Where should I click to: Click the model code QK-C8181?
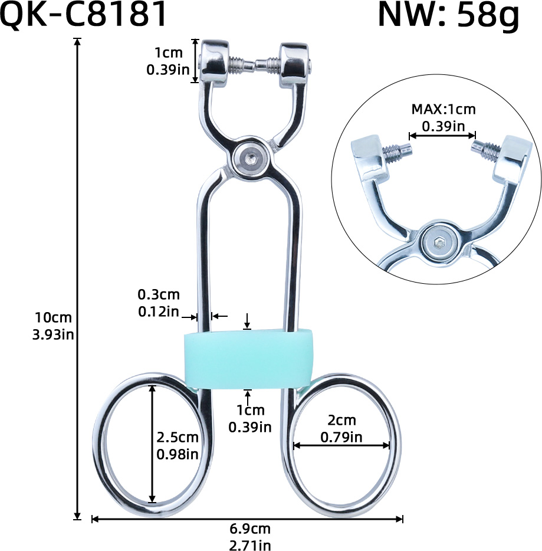coord(83,16)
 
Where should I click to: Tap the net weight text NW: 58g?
coord(448,16)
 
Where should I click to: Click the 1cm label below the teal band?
coord(250,410)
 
